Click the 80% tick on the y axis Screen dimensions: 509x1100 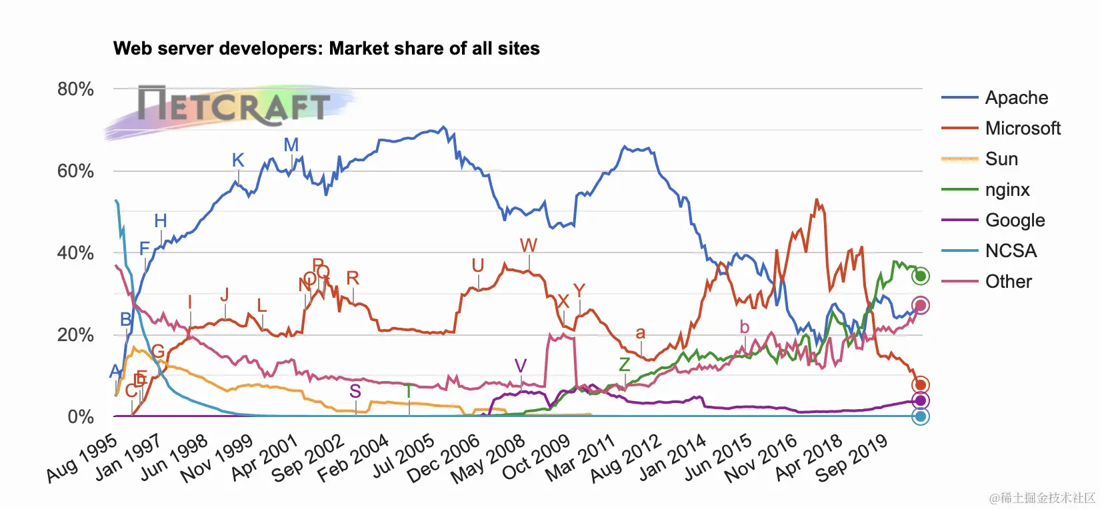coord(75,89)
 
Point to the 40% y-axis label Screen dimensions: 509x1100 coord(75,253)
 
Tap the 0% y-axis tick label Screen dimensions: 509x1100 coord(81,417)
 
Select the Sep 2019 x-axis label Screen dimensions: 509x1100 coord(851,458)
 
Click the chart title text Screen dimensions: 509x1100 coord(326,49)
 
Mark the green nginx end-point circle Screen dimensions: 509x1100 coord(921,276)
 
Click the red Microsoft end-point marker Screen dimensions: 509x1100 coord(921,385)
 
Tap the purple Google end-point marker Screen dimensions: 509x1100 coord(921,400)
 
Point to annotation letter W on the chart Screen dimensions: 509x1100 coord(529,245)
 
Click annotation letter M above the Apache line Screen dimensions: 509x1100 coord(291,145)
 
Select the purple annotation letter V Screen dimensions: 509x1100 coord(521,366)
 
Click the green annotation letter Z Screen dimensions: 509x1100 coord(624,364)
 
